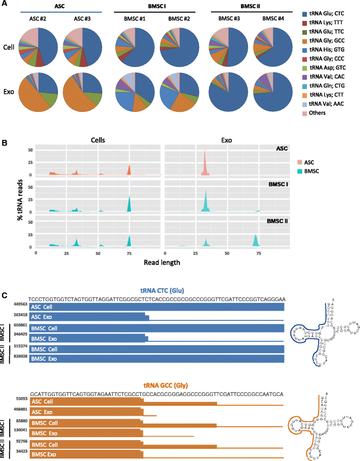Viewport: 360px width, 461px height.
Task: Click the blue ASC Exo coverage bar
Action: tap(88, 317)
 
